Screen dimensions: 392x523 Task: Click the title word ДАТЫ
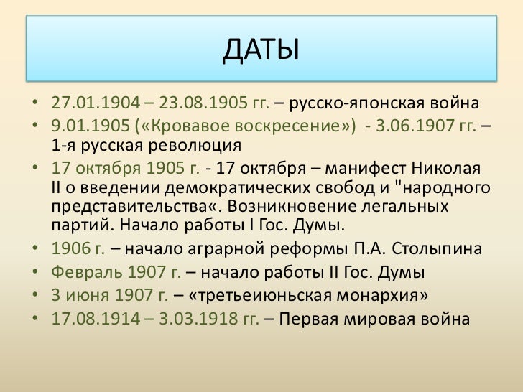260,50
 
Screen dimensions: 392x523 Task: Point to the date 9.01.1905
88,126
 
